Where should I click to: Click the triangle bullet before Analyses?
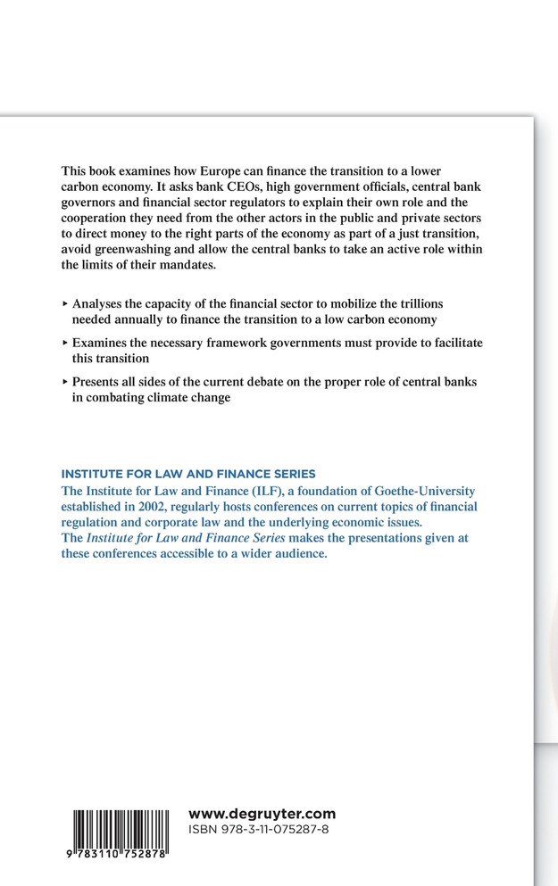tap(64, 303)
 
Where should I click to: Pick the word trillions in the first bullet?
tap(416, 303)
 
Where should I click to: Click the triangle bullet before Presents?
tap(64, 382)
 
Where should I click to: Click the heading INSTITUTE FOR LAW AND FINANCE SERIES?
tap(188, 474)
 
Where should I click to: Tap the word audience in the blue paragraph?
tap(299, 554)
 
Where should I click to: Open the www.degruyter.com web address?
tap(262, 813)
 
